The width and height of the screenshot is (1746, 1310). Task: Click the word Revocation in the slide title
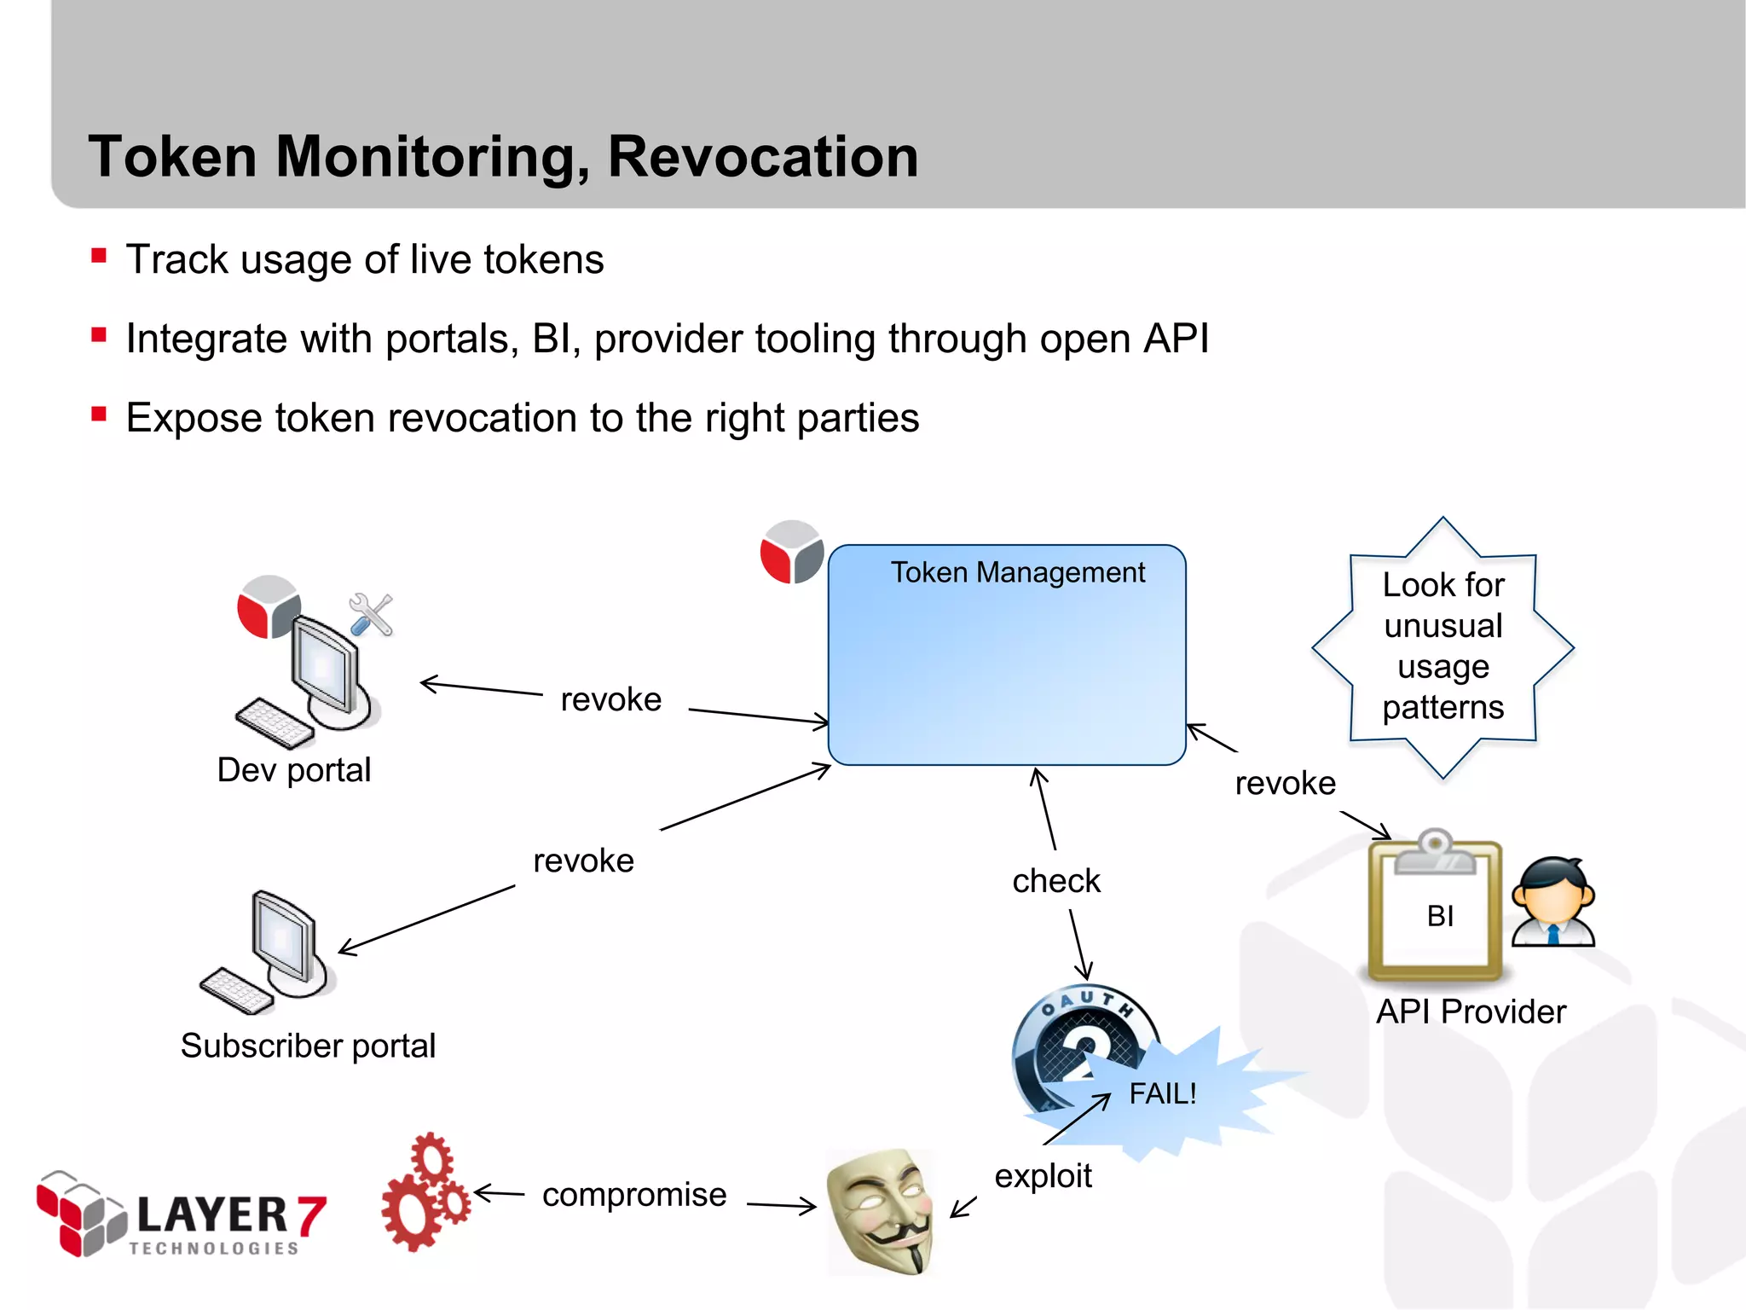click(x=762, y=157)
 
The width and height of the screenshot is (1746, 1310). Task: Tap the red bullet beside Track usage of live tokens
click(x=99, y=256)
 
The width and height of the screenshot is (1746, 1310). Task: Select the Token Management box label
click(x=1017, y=572)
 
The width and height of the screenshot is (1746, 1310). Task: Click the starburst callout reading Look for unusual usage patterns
click(x=1442, y=646)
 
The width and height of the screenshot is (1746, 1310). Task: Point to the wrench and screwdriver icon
click(x=371, y=615)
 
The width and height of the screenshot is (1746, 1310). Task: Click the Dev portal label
click(x=293, y=770)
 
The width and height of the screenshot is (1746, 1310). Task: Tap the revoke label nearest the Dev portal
click(x=610, y=699)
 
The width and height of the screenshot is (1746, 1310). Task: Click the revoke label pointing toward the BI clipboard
click(x=1285, y=783)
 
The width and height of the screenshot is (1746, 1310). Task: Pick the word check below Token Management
click(x=1055, y=881)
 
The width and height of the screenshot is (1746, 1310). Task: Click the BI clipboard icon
click(x=1435, y=908)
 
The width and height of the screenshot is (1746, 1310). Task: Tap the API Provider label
click(x=1471, y=1011)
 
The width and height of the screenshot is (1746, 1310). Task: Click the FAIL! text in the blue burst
click(x=1162, y=1093)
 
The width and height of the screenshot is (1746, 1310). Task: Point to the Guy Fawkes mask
click(x=880, y=1211)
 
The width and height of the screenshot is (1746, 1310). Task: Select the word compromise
click(x=633, y=1195)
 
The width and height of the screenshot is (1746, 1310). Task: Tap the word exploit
click(x=1042, y=1176)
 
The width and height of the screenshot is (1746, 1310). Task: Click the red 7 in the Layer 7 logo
click(x=311, y=1215)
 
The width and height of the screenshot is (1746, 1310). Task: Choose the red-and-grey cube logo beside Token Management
click(x=792, y=553)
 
